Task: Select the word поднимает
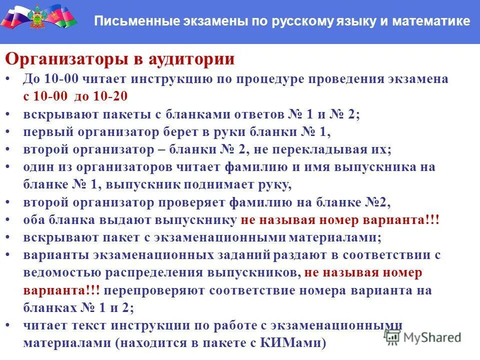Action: click(220, 184)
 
